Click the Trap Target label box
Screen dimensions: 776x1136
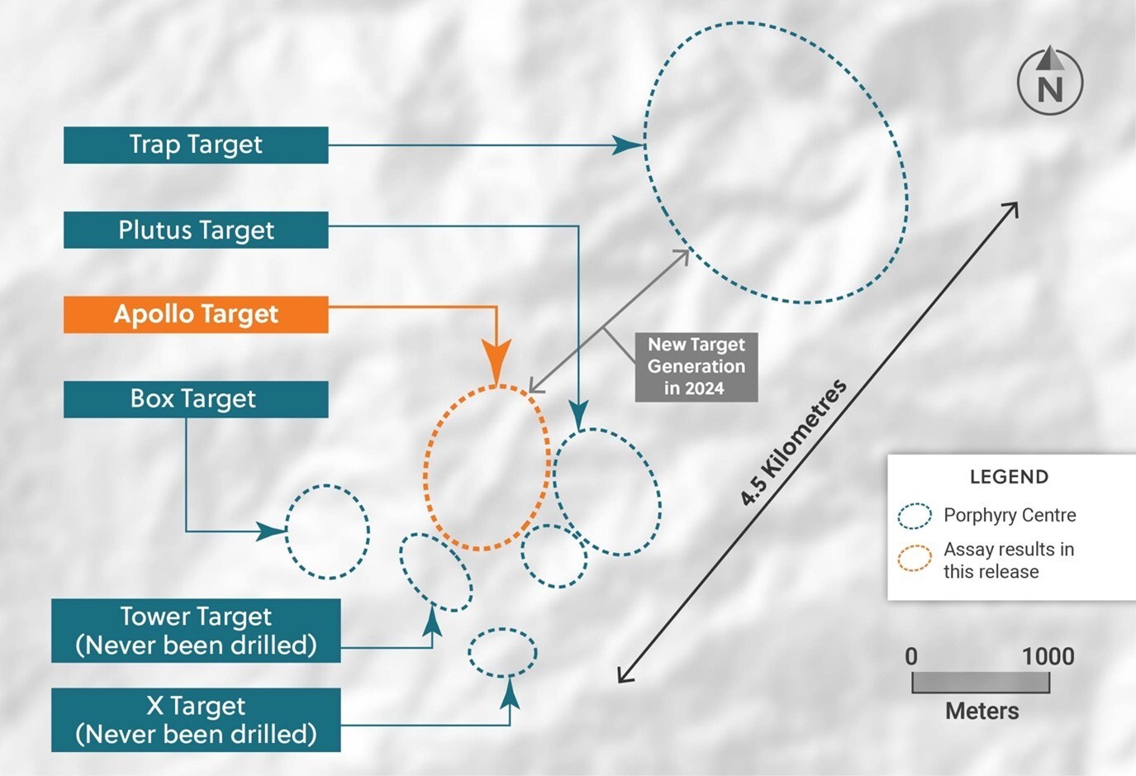tap(196, 145)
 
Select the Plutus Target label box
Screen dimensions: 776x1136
tap(196, 230)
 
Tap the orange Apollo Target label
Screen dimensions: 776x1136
tap(196, 315)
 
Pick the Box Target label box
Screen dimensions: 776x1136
tap(196, 399)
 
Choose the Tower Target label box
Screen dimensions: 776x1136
tap(196, 631)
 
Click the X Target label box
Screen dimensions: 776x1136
tap(196, 720)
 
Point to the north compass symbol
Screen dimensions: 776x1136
tap(1049, 82)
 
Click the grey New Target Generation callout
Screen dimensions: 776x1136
tap(696, 367)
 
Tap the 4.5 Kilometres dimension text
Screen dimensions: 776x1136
tap(793, 443)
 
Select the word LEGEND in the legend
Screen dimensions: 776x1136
tap(1009, 477)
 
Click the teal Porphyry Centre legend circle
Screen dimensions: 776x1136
tap(915, 516)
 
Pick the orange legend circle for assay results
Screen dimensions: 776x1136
tap(915, 559)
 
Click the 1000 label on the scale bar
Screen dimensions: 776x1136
tap(1048, 657)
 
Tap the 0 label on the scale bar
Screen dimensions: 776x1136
tap(911, 657)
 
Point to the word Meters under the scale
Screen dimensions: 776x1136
tap(982, 712)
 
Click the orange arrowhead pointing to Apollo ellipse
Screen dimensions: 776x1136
tap(496, 364)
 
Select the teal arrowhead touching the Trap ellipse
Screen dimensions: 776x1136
tap(627, 145)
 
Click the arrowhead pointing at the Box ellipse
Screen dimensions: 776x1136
tap(271, 531)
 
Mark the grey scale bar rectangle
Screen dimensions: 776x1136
tap(981, 683)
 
